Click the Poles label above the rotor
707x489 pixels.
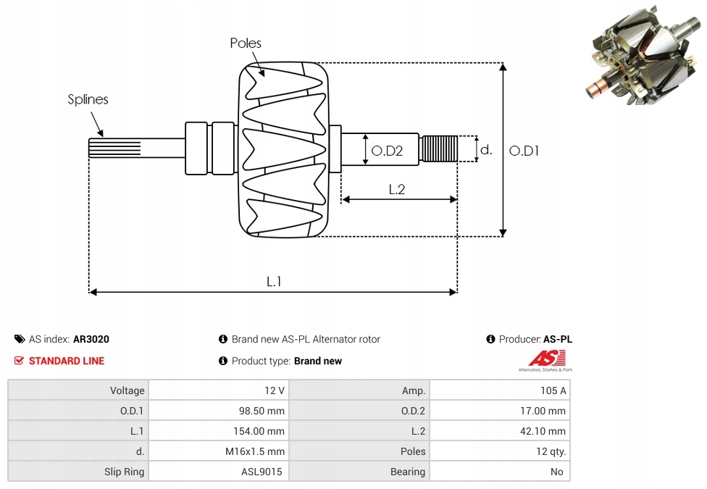(246, 43)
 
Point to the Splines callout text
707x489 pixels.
(88, 100)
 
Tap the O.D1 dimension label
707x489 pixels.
(524, 151)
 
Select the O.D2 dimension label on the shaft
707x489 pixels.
(387, 151)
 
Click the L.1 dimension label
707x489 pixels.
(274, 282)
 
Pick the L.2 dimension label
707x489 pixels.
(397, 190)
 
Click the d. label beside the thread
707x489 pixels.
(487, 151)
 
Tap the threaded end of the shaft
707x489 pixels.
(440, 149)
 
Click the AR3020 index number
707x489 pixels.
(91, 339)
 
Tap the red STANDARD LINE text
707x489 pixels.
(67, 361)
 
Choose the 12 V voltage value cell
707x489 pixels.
(275, 390)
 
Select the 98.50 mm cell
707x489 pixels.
(263, 411)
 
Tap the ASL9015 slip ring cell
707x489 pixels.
(262, 472)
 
